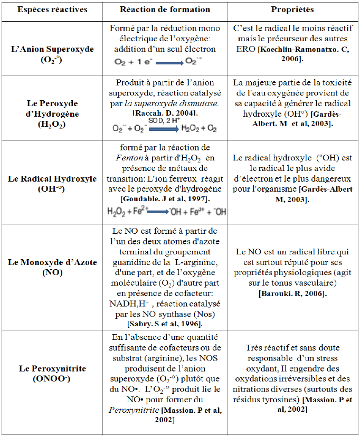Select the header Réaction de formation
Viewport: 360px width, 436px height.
(x=165, y=10)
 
